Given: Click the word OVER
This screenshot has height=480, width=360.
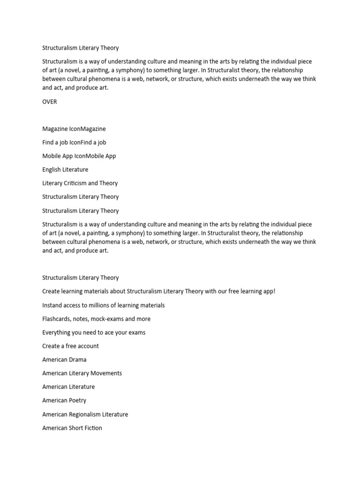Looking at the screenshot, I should pos(50,101).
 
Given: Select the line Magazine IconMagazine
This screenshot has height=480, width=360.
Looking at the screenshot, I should pos(74,129).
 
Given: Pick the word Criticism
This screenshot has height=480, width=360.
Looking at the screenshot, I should pos(74,183).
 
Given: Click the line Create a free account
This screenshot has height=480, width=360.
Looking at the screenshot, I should pos(70,346).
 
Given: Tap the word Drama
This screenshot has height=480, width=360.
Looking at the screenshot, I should pos(77,360).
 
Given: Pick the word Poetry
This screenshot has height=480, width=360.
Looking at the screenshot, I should pos(77,400).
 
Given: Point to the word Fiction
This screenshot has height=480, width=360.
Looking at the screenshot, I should pos(93,428).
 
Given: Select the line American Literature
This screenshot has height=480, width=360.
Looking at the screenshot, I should pos(68,387).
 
